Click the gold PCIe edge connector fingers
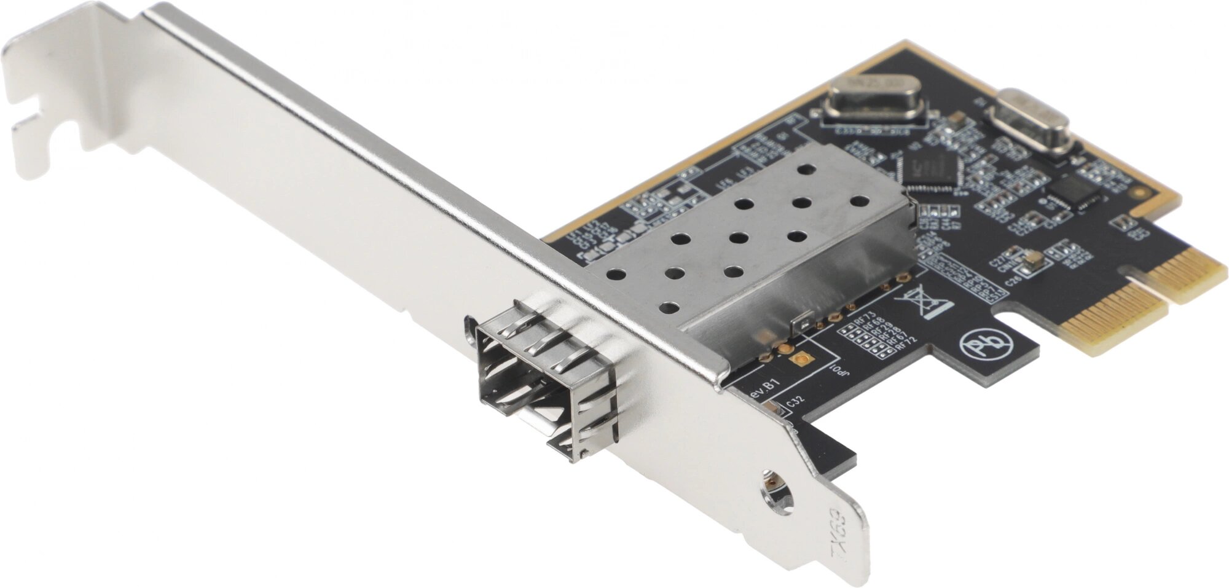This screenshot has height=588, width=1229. pos(1143,295)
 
